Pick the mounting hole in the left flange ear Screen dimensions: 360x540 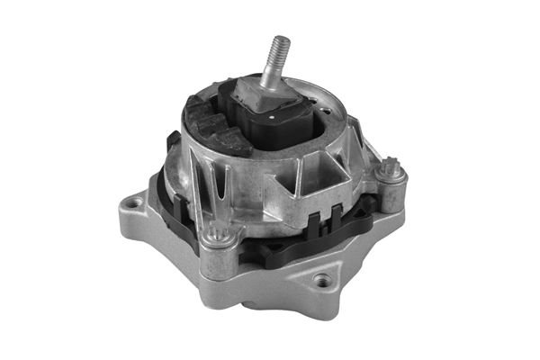(133, 203)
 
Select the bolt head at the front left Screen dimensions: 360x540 (214, 236)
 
